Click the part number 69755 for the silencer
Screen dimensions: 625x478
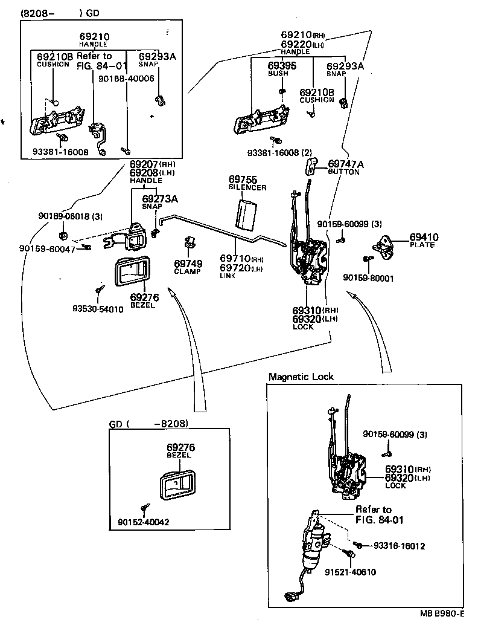tap(243, 180)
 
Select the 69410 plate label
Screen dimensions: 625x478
tap(424, 238)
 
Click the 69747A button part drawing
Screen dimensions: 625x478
tap(312, 166)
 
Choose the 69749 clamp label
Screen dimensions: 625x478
tap(188, 264)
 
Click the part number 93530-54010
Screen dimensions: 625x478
tap(98, 309)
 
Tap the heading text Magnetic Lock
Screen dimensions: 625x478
tap(301, 377)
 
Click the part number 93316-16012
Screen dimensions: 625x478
tap(399, 546)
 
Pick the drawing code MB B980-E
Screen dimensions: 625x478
tap(442, 615)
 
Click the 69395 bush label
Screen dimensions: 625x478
tap(282, 66)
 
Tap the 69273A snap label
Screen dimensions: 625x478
tap(159, 198)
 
